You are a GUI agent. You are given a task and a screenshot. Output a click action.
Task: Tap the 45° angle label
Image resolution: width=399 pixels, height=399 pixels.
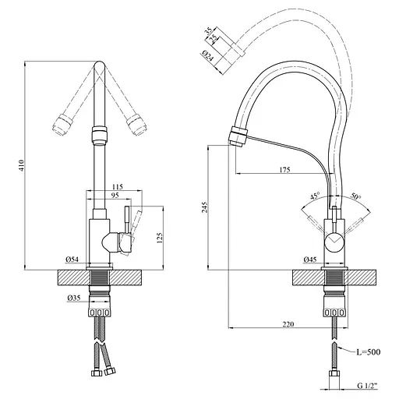click(x=314, y=198)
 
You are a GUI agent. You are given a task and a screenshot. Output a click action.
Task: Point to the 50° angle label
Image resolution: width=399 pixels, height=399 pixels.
click(x=355, y=197)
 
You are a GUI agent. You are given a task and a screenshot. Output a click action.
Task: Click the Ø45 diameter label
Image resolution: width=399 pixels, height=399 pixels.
click(x=311, y=260)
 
